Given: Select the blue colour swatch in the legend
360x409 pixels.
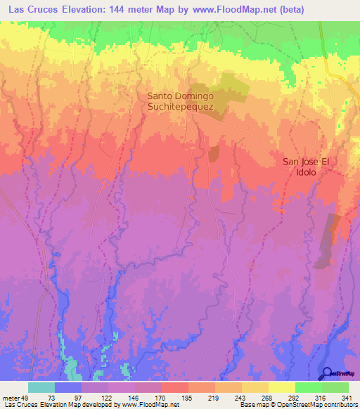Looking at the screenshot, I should click(68, 387).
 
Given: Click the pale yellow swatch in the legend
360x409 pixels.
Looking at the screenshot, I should click(282, 387).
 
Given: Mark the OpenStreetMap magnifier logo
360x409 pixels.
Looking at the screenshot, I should click(328, 374).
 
